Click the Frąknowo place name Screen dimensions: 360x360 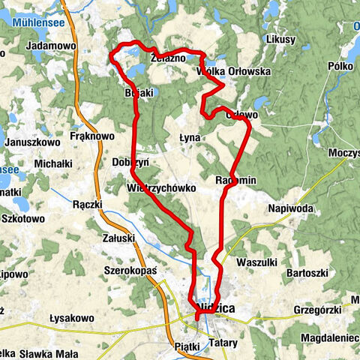click(x=91, y=136)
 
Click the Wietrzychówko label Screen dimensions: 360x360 click(x=161, y=187)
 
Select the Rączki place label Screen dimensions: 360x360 click(x=92, y=203)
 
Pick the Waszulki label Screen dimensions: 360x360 click(x=256, y=262)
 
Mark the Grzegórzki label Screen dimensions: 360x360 click(x=318, y=308)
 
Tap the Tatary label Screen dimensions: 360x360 click(x=223, y=343)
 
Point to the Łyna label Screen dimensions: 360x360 click(x=190, y=138)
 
